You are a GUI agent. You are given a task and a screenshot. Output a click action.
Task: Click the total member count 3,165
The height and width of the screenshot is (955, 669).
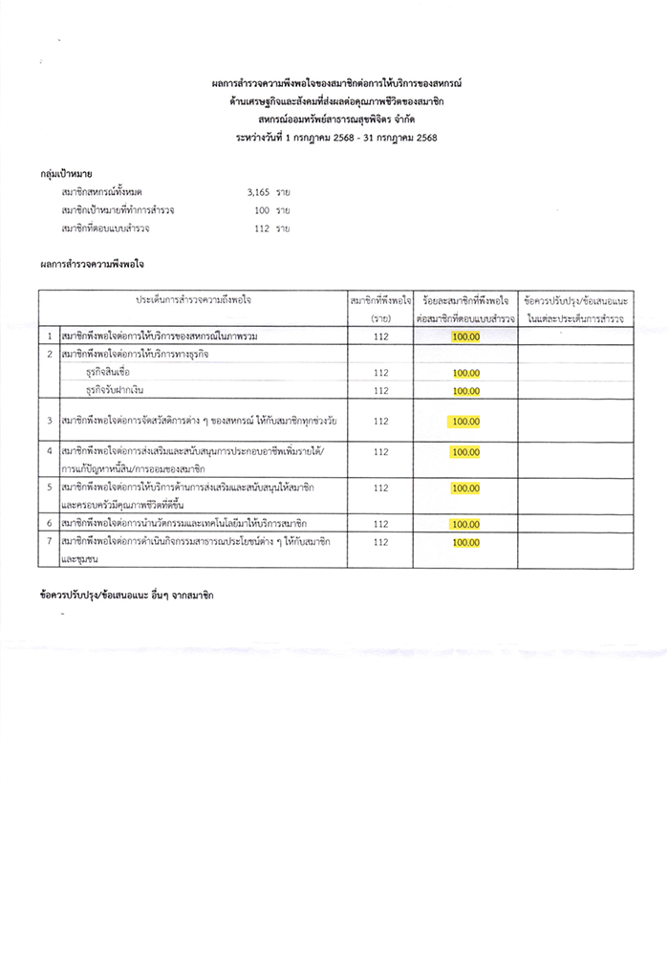[x=259, y=193]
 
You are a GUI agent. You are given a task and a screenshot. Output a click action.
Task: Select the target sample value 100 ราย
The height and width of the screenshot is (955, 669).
[x=268, y=210]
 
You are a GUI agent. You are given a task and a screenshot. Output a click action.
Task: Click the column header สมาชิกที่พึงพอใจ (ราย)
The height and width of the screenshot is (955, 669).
[x=380, y=308]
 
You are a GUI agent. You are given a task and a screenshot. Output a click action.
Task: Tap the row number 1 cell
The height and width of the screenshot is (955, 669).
[x=49, y=337]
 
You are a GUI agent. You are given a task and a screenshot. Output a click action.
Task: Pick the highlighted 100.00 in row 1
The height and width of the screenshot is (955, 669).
[x=466, y=337]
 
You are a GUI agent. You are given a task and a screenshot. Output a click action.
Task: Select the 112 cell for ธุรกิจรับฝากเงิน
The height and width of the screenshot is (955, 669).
[x=380, y=391]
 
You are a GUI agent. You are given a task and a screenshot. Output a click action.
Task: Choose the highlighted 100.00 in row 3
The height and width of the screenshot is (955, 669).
[x=466, y=422]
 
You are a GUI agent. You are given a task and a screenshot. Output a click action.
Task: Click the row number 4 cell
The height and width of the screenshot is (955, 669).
[x=49, y=450]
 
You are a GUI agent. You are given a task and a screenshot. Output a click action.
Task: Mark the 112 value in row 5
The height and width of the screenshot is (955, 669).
[x=380, y=488]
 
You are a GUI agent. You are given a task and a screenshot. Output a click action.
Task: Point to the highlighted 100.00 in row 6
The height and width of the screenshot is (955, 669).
[x=466, y=525]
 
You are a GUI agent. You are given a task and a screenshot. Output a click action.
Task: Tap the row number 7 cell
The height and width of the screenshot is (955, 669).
[x=49, y=542]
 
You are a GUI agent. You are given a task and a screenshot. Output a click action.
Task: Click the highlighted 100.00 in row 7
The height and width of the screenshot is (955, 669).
[x=466, y=543]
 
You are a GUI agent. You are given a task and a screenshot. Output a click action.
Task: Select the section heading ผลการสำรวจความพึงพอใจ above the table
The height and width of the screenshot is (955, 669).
[x=94, y=261]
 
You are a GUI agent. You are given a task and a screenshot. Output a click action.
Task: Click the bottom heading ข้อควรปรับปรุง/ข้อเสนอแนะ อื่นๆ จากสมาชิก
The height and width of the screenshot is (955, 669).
[x=127, y=596]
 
